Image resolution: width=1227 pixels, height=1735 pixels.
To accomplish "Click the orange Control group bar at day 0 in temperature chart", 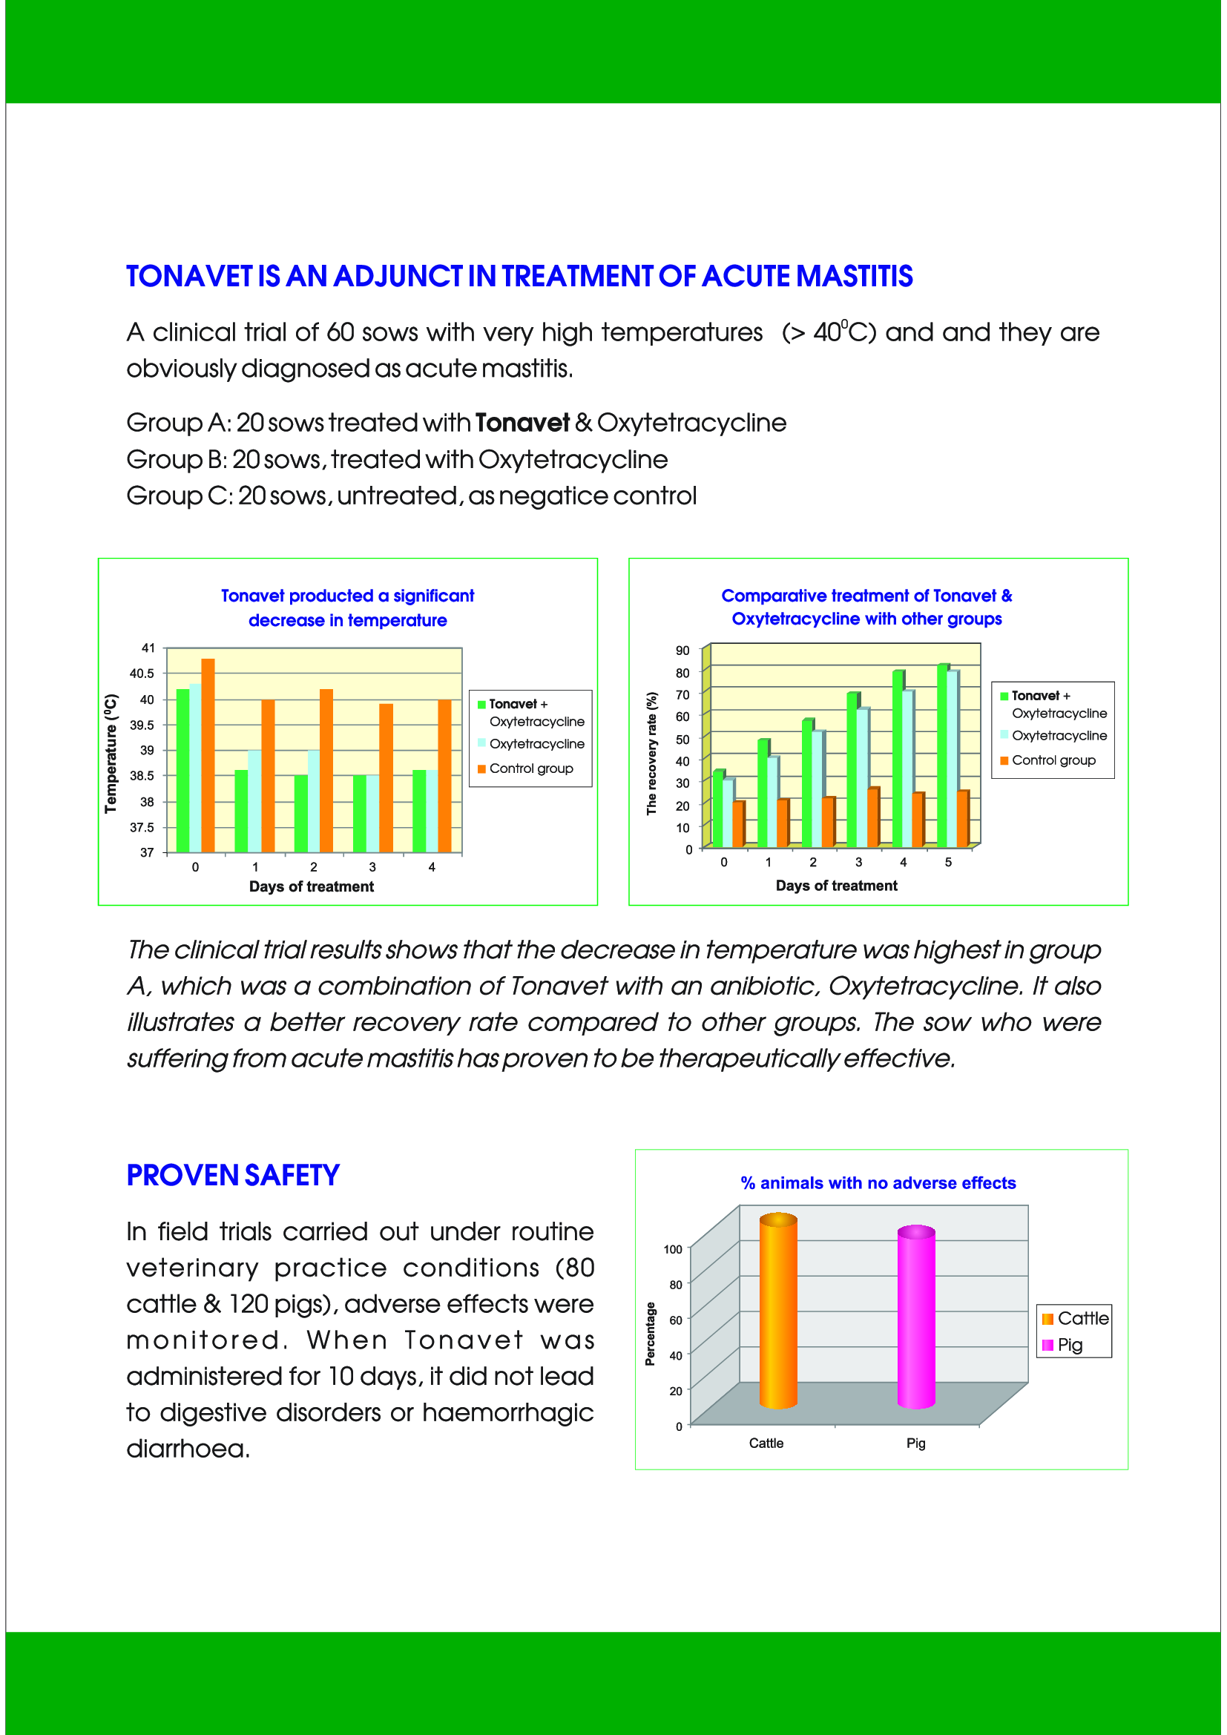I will tap(208, 756).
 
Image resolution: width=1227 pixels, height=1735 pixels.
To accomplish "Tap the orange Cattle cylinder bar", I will tap(777, 1311).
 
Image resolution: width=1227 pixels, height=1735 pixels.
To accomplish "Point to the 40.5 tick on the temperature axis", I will tap(142, 674).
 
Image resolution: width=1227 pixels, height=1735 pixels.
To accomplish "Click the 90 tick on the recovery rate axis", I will tap(682, 651).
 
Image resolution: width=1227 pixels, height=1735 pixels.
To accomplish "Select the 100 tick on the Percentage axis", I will tap(672, 1250).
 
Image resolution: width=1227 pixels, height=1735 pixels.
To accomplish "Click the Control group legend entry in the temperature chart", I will tap(530, 768).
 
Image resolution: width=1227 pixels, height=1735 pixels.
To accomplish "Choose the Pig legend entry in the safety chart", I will tap(1069, 1345).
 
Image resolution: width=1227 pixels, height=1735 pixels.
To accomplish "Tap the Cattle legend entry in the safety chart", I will tap(1082, 1319).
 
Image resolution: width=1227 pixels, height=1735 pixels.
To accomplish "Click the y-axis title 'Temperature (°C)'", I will tap(111, 754).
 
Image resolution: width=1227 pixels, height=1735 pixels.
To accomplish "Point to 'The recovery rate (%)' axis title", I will tap(651, 754).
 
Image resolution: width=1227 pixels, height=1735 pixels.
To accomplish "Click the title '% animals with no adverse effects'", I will tap(878, 1183).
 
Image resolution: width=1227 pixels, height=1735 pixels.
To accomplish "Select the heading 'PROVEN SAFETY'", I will tap(233, 1176).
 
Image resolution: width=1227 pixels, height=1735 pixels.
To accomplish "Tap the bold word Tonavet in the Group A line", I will tap(522, 423).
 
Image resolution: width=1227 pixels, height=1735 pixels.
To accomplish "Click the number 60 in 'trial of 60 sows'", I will tap(340, 333).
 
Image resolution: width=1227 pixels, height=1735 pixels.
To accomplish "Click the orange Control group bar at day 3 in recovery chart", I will tap(872, 817).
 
